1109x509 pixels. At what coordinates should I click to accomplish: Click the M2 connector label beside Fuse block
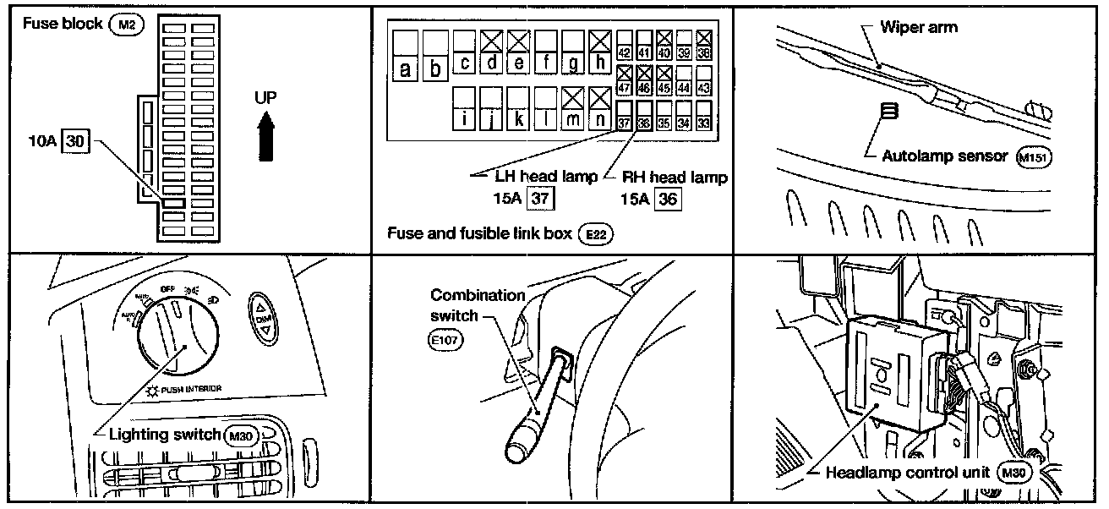[x=127, y=25]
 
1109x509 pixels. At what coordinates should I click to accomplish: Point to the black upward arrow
[x=267, y=135]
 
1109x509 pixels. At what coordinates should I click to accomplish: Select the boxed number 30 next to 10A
[x=76, y=141]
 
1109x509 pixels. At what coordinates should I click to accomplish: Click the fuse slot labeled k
[x=520, y=119]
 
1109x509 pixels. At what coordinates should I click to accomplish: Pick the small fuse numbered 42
[x=626, y=52]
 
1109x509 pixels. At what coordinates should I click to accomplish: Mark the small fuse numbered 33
[x=703, y=123]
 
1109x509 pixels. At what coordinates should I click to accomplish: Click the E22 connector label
[x=593, y=233]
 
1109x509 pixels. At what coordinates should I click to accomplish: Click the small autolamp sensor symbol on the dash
[x=890, y=112]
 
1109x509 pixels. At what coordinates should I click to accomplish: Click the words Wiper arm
[x=919, y=27]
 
